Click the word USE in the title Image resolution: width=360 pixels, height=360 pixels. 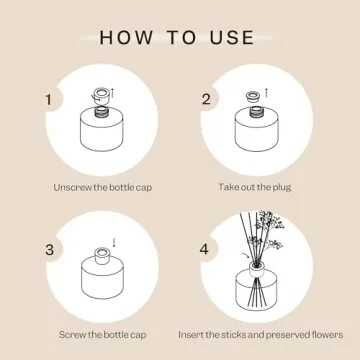pyautogui.click(x=230, y=38)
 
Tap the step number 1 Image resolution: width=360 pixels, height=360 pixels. pyautogui.click(x=47, y=100)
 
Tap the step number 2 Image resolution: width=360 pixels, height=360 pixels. pyautogui.click(x=206, y=100)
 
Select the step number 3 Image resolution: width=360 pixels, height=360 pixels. pyautogui.click(x=47, y=250)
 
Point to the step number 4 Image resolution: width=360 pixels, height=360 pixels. pyautogui.click(x=206, y=250)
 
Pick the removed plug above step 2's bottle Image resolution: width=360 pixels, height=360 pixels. pyautogui.click(x=254, y=97)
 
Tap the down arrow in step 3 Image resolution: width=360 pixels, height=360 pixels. pyautogui.click(x=114, y=242)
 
